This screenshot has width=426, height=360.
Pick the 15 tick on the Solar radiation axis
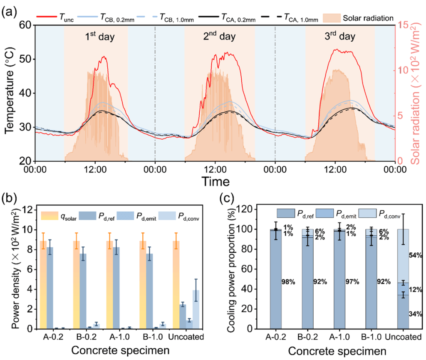[402, 25]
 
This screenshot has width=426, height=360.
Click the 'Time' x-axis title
[215, 181]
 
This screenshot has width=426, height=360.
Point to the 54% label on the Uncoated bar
[416, 255]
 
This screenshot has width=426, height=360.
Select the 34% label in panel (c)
[416, 314]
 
